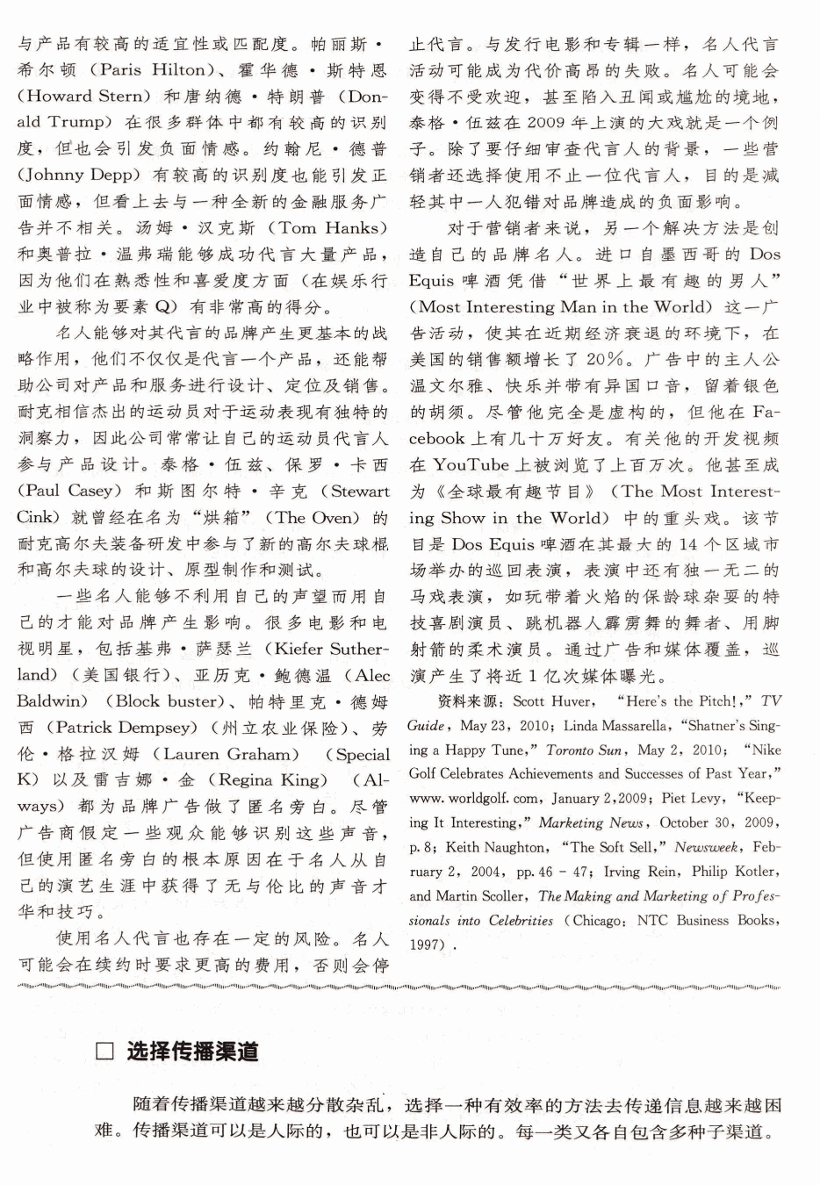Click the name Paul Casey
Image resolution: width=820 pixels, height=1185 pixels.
[69, 491]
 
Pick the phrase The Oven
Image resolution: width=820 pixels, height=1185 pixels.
[312, 517]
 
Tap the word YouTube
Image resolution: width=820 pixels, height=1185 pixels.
[471, 464]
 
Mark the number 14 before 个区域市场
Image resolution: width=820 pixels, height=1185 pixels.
[689, 543]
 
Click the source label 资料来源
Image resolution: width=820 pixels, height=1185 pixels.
[469, 701]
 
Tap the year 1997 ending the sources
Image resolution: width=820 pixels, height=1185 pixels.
[427, 945]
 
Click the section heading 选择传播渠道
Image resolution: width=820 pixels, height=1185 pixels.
[192, 1052]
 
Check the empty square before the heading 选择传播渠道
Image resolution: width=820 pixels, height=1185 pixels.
[105, 1052]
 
